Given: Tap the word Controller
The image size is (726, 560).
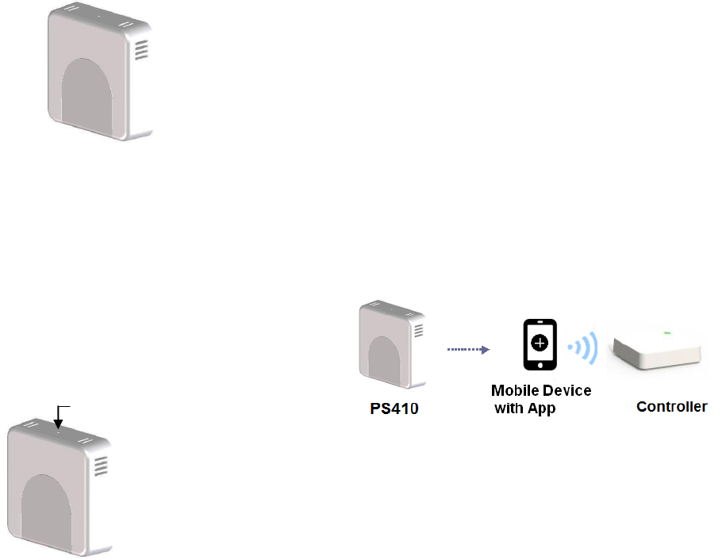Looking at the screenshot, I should [x=672, y=407].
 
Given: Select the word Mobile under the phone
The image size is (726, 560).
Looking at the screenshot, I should [x=517, y=391].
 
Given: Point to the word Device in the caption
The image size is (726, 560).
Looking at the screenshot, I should [x=567, y=391].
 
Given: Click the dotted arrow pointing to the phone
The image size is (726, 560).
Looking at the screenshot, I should [x=467, y=348].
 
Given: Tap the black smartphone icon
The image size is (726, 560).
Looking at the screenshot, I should [x=540, y=344].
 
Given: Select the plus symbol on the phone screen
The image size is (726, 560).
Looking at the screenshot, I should [x=540, y=343].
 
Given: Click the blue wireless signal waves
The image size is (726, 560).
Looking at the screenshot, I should [x=584, y=347].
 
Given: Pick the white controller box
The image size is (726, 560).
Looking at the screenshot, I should [x=655, y=348].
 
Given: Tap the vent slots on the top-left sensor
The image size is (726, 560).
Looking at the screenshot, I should [x=141, y=51].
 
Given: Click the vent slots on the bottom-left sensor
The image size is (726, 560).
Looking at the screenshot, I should [x=102, y=466].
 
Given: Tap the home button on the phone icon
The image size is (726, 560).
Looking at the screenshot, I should [x=540, y=363].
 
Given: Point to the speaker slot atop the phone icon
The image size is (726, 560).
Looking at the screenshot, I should [x=540, y=324].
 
